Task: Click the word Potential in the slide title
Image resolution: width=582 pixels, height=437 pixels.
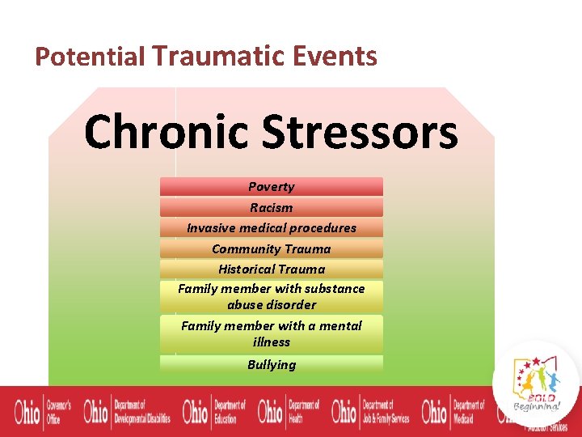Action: (90, 57)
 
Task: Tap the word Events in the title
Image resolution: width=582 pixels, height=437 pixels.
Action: (337, 57)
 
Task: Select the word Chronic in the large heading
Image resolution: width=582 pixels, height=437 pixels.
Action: (166, 132)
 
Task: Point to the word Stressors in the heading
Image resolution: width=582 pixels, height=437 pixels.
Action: (360, 132)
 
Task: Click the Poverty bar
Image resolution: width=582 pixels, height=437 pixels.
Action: (271, 187)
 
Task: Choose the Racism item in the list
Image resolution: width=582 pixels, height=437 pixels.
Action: (271, 207)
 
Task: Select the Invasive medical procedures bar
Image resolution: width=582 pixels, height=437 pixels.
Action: (271, 227)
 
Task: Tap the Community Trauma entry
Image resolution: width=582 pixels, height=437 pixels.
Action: (271, 248)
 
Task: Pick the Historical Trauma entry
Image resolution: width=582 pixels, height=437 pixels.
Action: (271, 269)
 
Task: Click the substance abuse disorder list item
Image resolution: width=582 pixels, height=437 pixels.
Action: (271, 296)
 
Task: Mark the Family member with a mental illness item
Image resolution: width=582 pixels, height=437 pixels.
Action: (271, 333)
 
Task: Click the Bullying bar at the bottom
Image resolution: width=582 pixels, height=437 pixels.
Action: (271, 364)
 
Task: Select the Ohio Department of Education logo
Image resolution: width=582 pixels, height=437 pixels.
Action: (213, 412)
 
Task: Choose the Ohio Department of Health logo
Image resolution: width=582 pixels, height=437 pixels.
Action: (289, 412)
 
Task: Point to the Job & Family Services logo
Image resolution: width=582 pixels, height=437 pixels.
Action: (371, 412)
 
